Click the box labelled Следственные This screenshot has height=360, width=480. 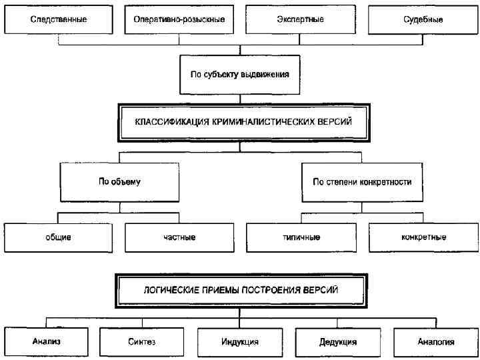(x=59, y=19)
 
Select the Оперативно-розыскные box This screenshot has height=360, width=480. (x=179, y=19)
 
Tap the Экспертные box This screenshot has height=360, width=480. (x=301, y=19)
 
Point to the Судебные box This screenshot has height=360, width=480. (x=423, y=19)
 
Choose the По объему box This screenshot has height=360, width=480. (x=119, y=181)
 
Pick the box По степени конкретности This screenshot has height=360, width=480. (x=362, y=181)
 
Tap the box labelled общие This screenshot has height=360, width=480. (x=59, y=237)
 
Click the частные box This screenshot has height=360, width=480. (x=179, y=237)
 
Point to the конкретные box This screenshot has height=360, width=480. (x=423, y=237)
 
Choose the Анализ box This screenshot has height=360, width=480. (x=46, y=342)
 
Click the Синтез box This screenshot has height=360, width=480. (x=141, y=342)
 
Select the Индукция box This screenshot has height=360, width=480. (x=240, y=342)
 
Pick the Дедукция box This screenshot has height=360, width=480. (x=338, y=342)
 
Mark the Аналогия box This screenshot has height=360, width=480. (x=435, y=342)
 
